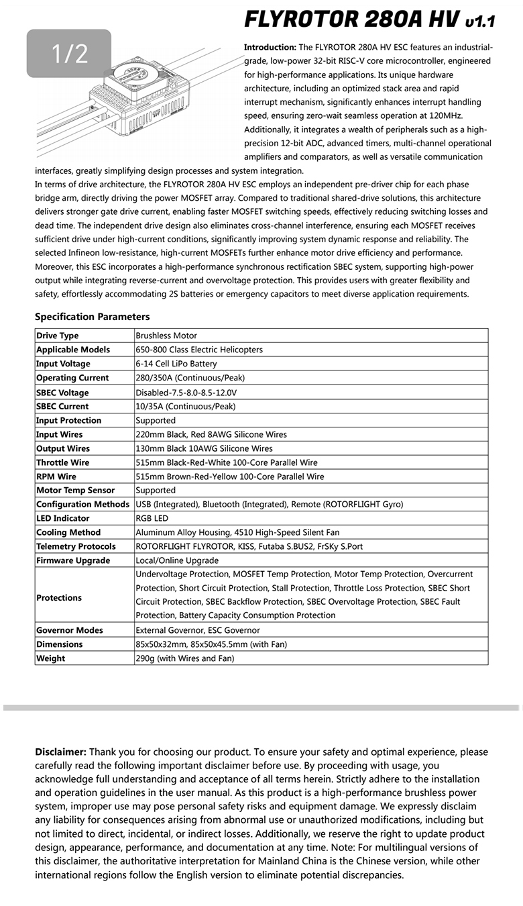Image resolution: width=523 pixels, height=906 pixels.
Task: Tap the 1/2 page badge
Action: click(69, 53)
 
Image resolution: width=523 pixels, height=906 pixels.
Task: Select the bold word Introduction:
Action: click(270, 48)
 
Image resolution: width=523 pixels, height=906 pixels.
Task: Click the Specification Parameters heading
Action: click(93, 317)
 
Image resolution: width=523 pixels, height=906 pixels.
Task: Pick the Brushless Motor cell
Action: click(166, 336)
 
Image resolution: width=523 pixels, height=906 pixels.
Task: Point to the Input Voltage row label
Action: click(63, 364)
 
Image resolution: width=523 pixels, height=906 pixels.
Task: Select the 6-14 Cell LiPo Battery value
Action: click(176, 364)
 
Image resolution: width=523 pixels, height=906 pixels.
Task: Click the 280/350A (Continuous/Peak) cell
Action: click(190, 378)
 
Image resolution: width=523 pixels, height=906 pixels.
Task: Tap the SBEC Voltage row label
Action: click(62, 393)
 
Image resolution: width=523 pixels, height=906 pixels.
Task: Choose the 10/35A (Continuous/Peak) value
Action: click(186, 406)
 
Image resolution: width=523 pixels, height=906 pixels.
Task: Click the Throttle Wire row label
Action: click(62, 462)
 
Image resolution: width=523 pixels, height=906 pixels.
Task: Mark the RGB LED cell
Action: click(152, 518)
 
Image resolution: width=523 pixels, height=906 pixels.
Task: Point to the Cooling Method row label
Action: click(68, 532)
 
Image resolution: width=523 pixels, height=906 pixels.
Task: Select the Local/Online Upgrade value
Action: click(177, 560)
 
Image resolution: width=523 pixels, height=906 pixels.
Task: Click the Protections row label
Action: click(59, 598)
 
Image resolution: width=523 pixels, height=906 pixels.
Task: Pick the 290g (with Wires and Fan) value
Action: click(185, 658)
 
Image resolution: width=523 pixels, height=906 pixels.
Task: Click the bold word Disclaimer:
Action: click(60, 752)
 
